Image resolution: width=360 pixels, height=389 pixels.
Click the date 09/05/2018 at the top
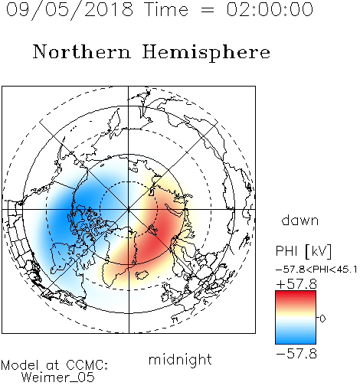tap(70, 10)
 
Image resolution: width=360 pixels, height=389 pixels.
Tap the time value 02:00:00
tap(270, 9)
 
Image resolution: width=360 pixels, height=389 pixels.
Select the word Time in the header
tap(166, 9)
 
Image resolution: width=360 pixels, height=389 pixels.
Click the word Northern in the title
tap(81, 51)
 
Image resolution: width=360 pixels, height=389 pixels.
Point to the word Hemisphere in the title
tap(206, 53)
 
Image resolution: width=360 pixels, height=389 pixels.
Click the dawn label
tap(300, 221)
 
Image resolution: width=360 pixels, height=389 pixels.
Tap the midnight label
tap(180, 361)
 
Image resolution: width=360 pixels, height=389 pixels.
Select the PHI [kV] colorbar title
tap(303, 251)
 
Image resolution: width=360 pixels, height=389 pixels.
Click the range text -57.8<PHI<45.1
tap(316, 270)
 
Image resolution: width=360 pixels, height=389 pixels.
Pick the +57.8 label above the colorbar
tap(296, 284)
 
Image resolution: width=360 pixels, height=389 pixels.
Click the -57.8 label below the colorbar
tap(296, 354)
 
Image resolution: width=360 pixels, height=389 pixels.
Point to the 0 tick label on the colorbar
tap(322, 319)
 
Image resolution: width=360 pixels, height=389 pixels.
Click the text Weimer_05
tap(58, 378)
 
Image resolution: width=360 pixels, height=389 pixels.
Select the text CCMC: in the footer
tap(87, 365)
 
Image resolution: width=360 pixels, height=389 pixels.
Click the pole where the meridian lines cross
tap(129, 209)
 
